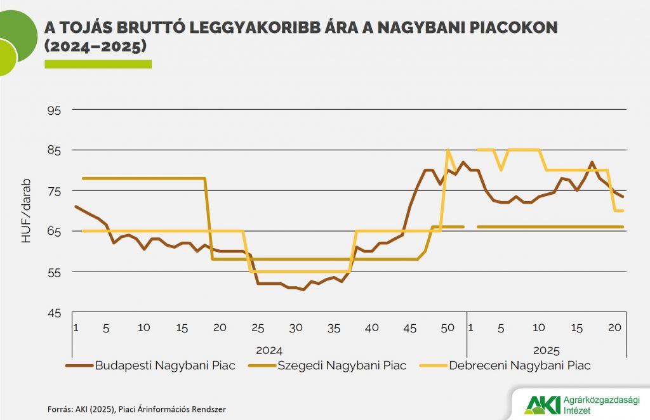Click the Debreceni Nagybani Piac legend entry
pos(519,365)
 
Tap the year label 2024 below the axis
pos(269,350)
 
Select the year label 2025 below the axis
pos(546,350)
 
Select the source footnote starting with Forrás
pos(136,409)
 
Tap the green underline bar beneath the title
pos(98,63)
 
